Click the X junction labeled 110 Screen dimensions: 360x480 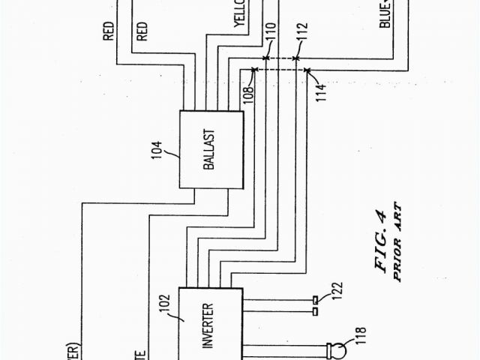pyautogui.click(x=265, y=57)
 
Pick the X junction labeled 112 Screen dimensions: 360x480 pyautogui.click(x=297, y=57)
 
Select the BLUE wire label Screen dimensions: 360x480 pyautogui.click(x=385, y=13)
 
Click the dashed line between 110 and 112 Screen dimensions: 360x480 pyautogui.click(x=281, y=57)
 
